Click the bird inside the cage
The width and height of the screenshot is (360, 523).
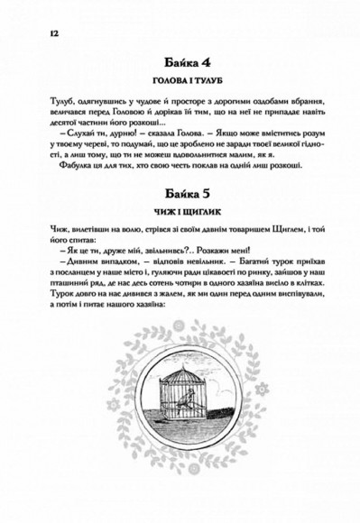(x=181, y=390)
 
